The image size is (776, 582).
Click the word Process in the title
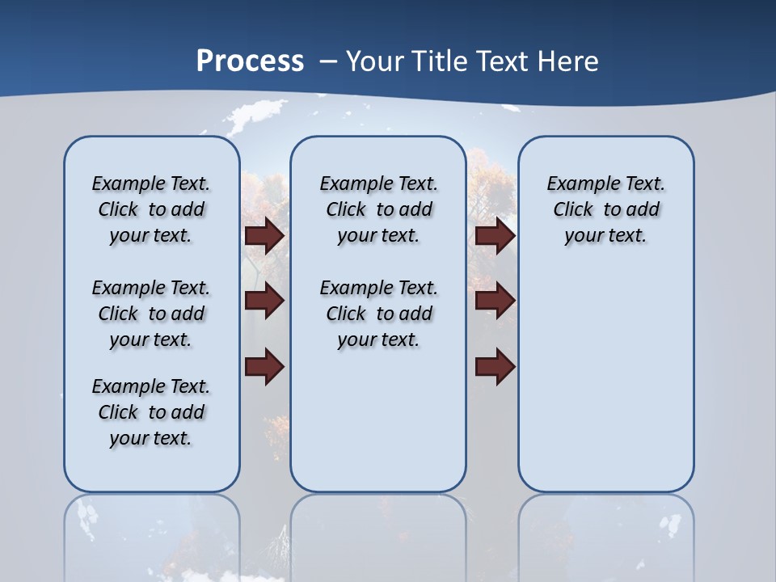[x=250, y=61]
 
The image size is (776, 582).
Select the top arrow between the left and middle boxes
[x=264, y=235]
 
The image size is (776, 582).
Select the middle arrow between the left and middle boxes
[x=264, y=301]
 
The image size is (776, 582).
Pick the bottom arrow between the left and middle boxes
[x=264, y=366]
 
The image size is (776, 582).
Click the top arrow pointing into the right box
[x=495, y=235]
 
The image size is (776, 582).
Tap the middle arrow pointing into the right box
[x=495, y=301]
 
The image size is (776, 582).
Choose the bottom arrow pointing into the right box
[x=495, y=366]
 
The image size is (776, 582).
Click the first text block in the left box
[x=151, y=209]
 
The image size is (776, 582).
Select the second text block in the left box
[x=151, y=314]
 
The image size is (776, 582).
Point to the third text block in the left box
[x=151, y=412]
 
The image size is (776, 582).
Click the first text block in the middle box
[x=379, y=209]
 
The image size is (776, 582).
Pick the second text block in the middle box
[x=379, y=314]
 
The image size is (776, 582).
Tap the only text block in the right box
[x=606, y=209]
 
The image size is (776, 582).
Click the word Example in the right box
[x=576, y=184]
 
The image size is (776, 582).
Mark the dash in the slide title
[x=328, y=61]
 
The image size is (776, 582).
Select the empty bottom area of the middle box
[x=378, y=428]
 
